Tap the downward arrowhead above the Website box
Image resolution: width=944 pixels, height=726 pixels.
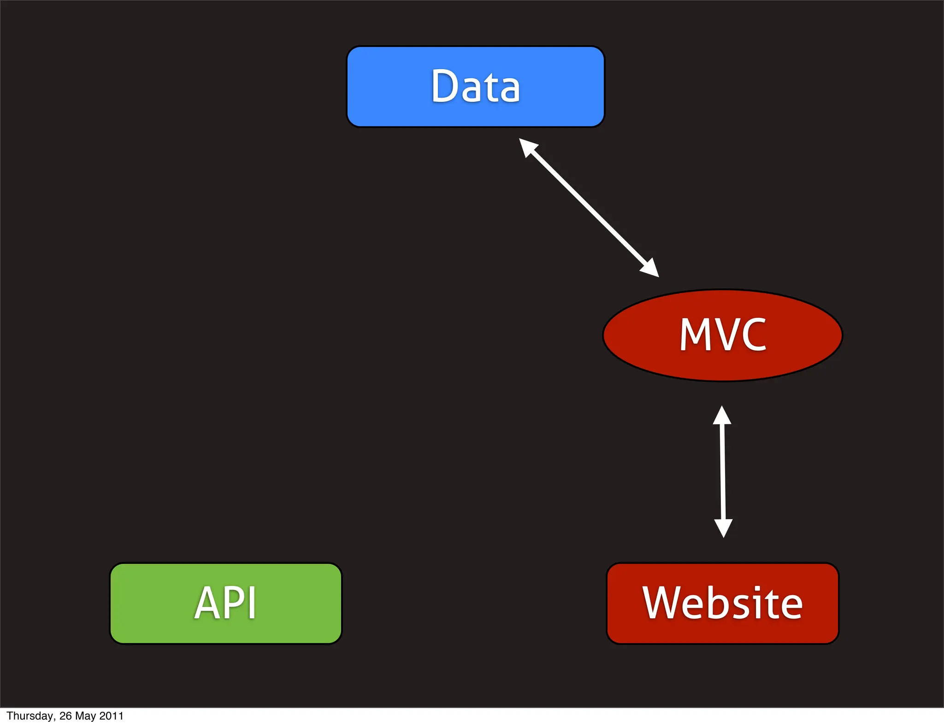(x=723, y=528)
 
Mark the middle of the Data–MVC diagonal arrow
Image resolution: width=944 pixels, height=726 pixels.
(x=589, y=208)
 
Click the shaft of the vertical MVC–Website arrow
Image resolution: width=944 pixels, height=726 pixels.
(x=722, y=472)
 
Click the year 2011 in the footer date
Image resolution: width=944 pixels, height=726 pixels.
(x=111, y=716)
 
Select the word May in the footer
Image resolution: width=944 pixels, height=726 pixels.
(x=85, y=716)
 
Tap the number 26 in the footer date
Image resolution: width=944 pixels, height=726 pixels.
(x=65, y=716)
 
